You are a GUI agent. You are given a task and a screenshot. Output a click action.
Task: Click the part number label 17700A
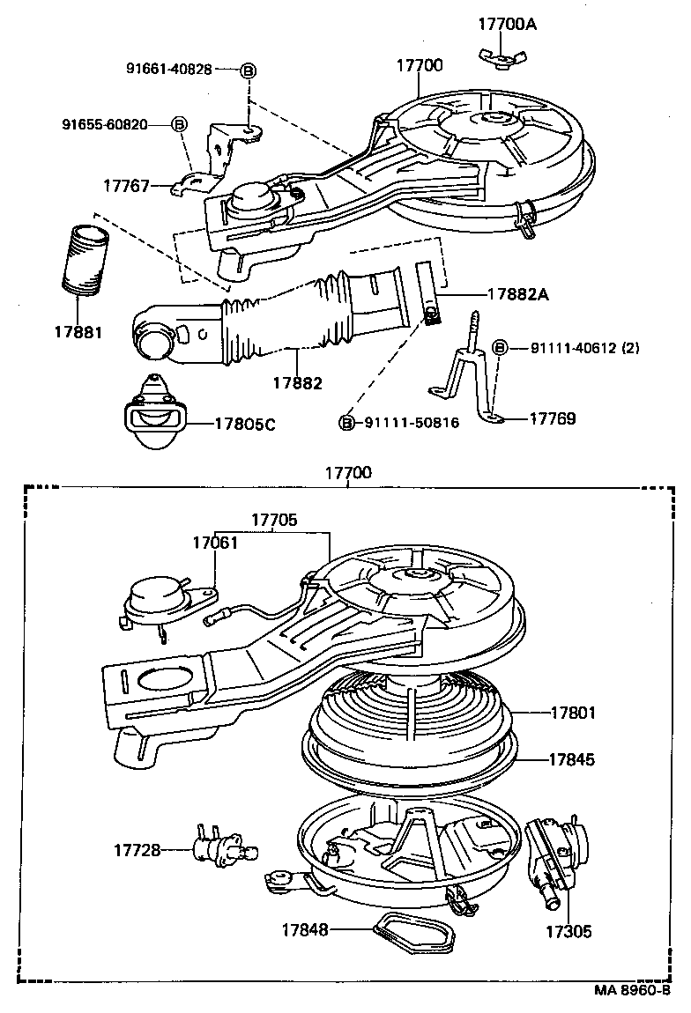pyautogui.click(x=507, y=24)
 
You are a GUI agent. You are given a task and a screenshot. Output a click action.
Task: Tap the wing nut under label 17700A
pyautogui.click(x=497, y=59)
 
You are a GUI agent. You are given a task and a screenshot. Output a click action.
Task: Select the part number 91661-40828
pyautogui.click(x=168, y=70)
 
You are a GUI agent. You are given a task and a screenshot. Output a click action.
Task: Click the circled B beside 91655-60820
pyautogui.click(x=179, y=124)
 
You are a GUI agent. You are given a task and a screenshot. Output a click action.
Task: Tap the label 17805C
pyautogui.click(x=245, y=424)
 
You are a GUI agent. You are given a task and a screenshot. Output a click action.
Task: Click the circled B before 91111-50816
pyautogui.click(x=347, y=423)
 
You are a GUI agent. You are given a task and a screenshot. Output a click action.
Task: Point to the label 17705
pyautogui.click(x=274, y=520)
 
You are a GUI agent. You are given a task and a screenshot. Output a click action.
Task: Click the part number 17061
pyautogui.click(x=215, y=543)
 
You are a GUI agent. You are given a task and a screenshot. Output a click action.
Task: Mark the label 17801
pyautogui.click(x=573, y=712)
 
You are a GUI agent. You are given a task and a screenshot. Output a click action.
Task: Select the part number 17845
pyautogui.click(x=573, y=758)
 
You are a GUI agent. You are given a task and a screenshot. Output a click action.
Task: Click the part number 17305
pyautogui.click(x=567, y=930)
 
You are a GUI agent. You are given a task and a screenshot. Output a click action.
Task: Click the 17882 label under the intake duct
pyautogui.click(x=297, y=383)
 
